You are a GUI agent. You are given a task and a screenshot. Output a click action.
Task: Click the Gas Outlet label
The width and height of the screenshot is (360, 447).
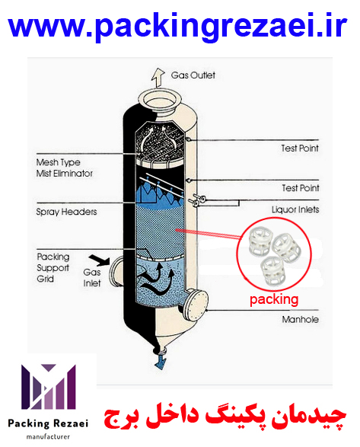(193, 75)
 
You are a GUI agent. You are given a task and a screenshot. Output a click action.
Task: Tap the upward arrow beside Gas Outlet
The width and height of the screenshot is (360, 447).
(158, 78)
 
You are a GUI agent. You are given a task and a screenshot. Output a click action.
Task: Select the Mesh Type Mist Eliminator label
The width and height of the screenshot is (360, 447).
(65, 168)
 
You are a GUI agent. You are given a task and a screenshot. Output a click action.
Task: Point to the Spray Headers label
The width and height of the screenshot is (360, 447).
(66, 212)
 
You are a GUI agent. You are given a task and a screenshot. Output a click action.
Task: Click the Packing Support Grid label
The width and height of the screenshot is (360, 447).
(53, 268)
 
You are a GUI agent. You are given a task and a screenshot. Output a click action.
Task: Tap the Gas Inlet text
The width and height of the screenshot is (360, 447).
(92, 278)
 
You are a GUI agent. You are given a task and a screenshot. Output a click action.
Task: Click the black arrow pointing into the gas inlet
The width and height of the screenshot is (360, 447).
(99, 260)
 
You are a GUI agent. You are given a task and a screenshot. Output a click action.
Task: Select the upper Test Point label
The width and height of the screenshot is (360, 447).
(300, 148)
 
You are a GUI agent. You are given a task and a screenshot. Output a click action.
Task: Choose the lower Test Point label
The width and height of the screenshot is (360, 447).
(301, 188)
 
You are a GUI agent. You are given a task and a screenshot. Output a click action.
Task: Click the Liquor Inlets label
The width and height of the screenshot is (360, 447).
(295, 210)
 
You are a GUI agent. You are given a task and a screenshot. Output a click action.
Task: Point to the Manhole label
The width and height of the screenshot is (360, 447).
(300, 320)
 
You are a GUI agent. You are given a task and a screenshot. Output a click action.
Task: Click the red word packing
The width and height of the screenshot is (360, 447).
(274, 300)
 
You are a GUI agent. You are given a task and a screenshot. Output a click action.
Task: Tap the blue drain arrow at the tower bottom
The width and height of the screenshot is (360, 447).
(160, 362)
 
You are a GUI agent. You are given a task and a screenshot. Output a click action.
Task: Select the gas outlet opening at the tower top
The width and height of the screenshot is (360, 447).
(160, 100)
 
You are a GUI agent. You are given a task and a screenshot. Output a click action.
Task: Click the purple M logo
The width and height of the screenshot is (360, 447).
(49, 387)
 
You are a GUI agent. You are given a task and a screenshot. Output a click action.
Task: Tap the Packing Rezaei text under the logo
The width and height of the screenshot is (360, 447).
(48, 423)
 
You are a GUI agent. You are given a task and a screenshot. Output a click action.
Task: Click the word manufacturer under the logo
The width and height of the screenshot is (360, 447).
(48, 437)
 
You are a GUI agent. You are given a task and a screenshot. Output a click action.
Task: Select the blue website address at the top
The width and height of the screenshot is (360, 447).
(177, 27)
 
